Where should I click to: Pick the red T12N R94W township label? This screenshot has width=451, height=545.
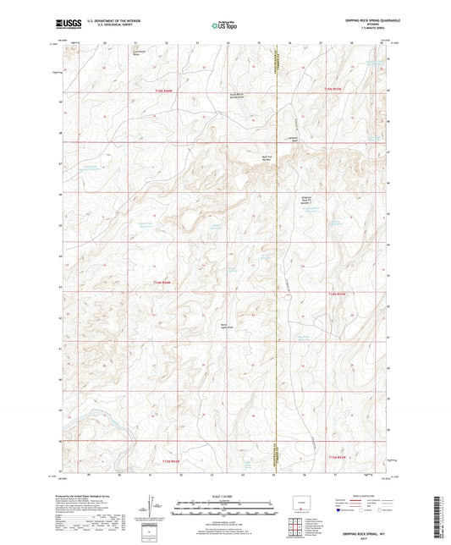(162, 283)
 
